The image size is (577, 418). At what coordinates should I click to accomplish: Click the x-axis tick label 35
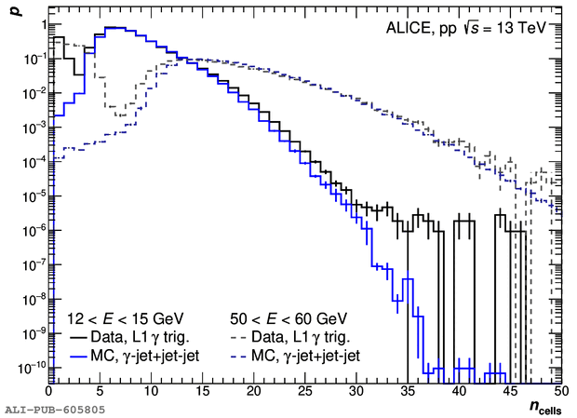[408, 393]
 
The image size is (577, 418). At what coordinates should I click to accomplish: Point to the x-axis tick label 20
[255, 393]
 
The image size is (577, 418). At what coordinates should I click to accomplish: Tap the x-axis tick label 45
[509, 393]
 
